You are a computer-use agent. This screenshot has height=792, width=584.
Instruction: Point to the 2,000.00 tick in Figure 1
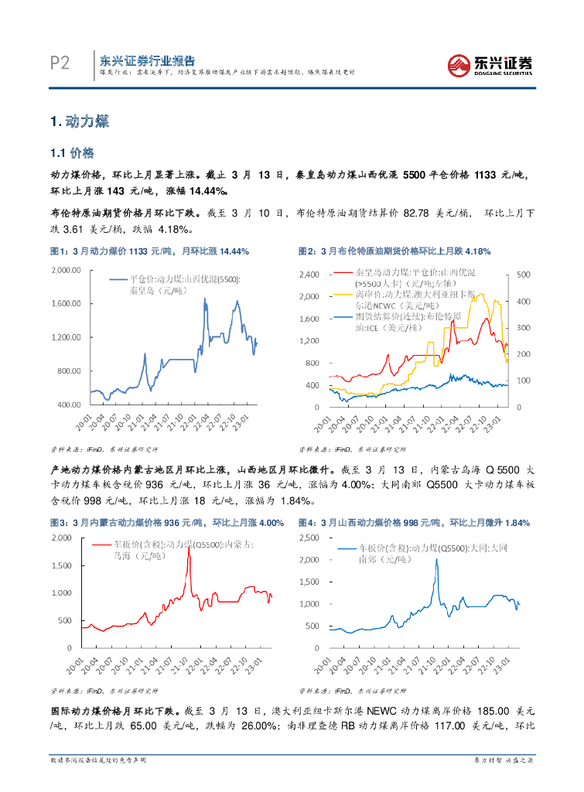66,269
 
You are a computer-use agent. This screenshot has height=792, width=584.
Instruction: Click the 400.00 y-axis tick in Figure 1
68,405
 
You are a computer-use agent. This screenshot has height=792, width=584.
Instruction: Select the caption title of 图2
394,251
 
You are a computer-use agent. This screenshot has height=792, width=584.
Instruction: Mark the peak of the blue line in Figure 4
436,559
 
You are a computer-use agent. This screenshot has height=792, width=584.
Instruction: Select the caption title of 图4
414,524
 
